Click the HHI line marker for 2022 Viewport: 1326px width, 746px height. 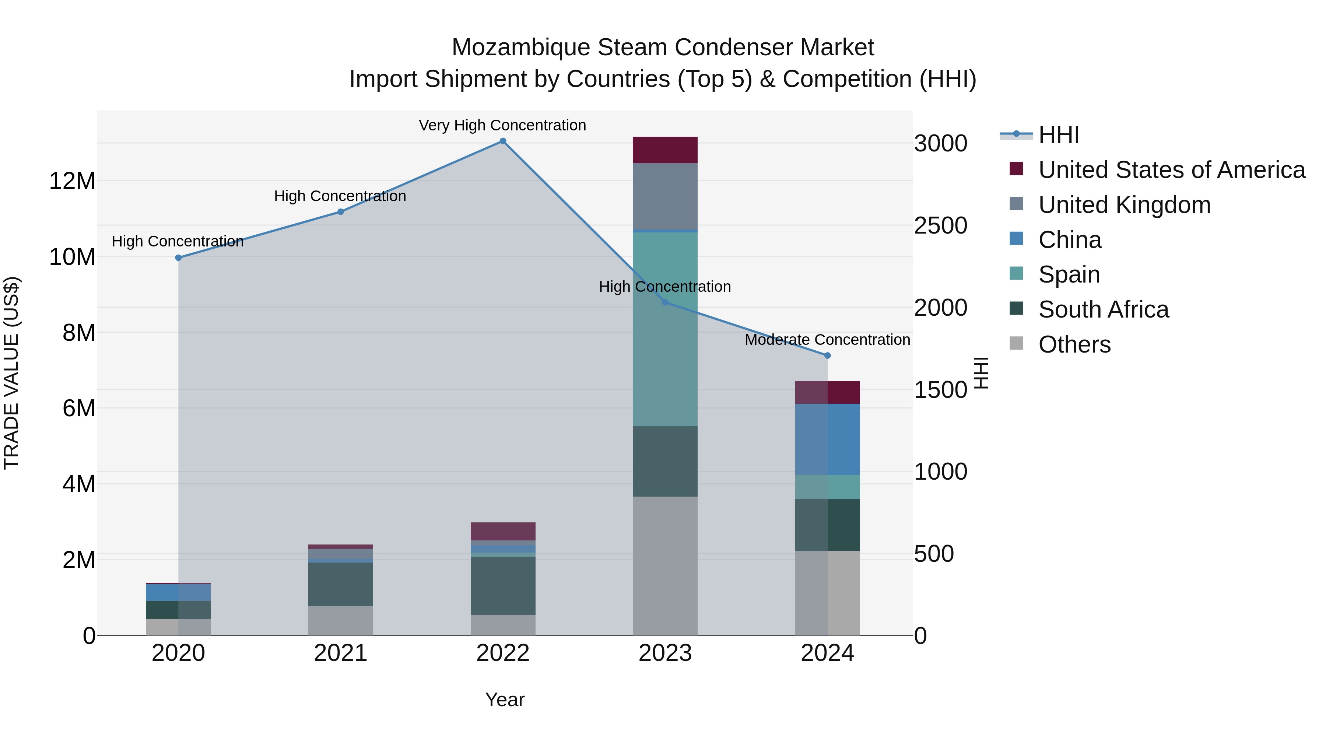(x=503, y=141)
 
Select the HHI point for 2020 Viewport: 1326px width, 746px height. (x=178, y=258)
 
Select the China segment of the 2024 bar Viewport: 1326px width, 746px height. (x=827, y=439)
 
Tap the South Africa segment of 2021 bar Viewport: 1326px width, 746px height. (x=340, y=584)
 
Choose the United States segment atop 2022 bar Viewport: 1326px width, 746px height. (x=503, y=531)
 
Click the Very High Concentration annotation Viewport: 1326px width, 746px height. (x=502, y=126)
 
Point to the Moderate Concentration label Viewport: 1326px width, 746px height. (x=827, y=340)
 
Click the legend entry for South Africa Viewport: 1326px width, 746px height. (x=1103, y=309)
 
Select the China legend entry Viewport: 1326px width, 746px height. (x=1070, y=240)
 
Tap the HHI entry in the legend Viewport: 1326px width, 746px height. (x=1058, y=135)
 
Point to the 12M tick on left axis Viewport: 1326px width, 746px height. (x=72, y=181)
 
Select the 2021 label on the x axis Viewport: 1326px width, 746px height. (x=340, y=653)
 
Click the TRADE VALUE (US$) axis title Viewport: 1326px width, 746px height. (x=11, y=373)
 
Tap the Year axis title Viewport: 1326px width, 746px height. (x=505, y=700)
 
